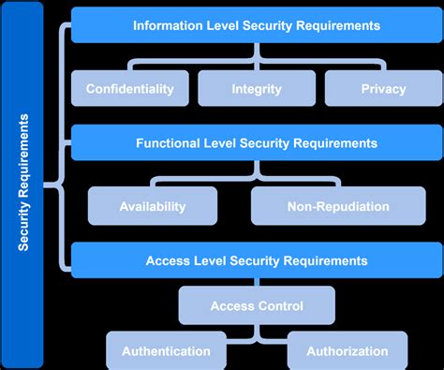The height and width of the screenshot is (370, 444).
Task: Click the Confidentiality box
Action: click(x=130, y=89)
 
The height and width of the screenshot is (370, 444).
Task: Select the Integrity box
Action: click(x=257, y=89)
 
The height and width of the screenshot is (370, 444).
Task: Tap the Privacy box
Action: click(x=383, y=89)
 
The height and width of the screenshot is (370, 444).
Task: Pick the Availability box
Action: click(x=153, y=206)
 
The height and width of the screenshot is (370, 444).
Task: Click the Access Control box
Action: click(x=257, y=305)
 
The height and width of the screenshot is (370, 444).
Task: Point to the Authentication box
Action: click(x=165, y=351)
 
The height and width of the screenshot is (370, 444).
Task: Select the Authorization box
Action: click(x=347, y=351)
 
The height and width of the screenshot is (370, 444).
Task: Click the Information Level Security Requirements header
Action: click(x=257, y=26)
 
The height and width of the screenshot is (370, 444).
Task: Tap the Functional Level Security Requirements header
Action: click(x=257, y=143)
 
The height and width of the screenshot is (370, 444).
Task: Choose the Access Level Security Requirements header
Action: click(x=257, y=260)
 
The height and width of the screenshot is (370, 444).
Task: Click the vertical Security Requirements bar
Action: click(x=24, y=184)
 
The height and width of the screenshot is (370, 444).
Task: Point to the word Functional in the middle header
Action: click(x=170, y=143)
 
